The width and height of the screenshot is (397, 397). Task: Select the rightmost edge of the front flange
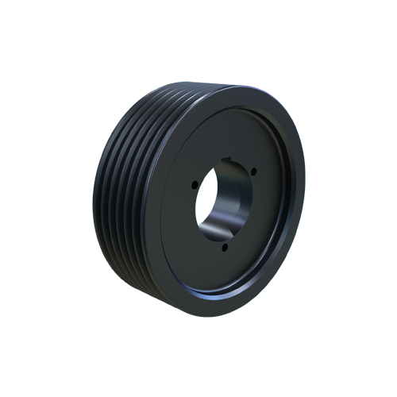[304, 198]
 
